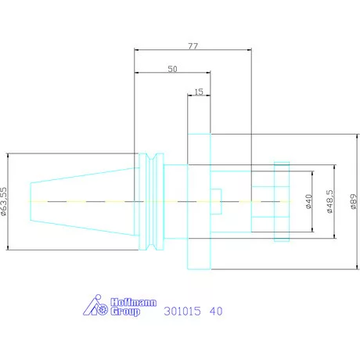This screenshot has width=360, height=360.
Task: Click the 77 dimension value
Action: coord(193,46)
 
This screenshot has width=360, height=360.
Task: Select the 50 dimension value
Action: coord(172,69)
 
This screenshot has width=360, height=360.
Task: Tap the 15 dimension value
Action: coord(199,92)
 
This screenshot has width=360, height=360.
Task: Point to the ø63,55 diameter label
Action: coord(4,201)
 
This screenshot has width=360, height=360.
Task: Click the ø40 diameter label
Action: coord(308,201)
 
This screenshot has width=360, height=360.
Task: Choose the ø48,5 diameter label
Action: coord(330,201)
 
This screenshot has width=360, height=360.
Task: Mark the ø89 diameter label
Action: coord(354,201)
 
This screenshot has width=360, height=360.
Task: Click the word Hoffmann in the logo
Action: coord(134,302)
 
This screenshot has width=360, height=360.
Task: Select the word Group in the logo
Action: coord(125,311)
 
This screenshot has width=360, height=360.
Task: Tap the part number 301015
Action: coord(182,311)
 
